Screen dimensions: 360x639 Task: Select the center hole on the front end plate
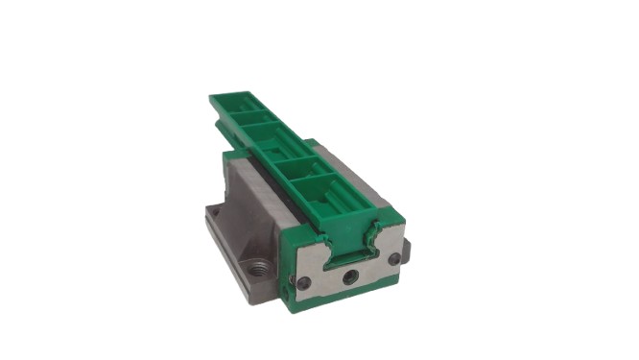click(x=349, y=276)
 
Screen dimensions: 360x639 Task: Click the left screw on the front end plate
click(x=304, y=282)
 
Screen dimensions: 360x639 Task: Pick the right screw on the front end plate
click(x=393, y=258)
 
